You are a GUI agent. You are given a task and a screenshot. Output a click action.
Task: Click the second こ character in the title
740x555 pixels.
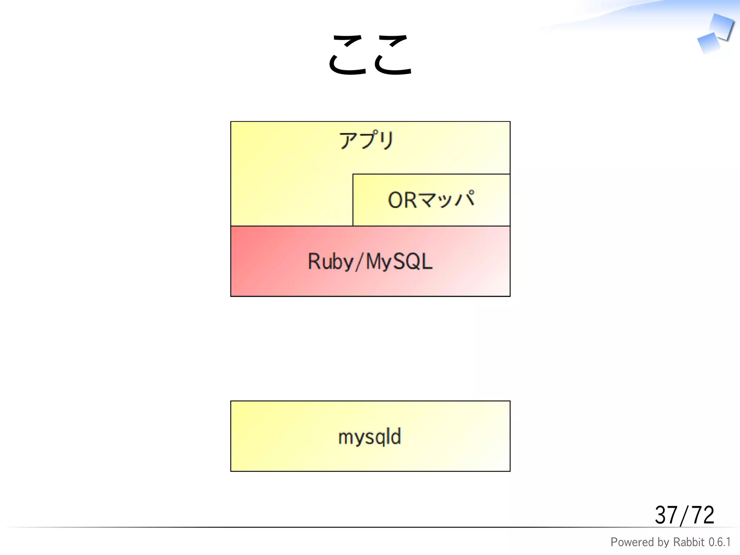coord(393,55)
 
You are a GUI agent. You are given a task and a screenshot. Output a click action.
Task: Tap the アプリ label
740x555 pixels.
coord(366,140)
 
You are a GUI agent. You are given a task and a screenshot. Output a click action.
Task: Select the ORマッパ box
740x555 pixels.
coord(431,200)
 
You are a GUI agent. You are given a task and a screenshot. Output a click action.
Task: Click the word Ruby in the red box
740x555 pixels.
coord(330,262)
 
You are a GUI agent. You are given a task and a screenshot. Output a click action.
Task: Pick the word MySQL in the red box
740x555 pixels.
coord(399,262)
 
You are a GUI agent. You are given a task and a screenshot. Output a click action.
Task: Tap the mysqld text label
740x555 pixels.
coord(370,436)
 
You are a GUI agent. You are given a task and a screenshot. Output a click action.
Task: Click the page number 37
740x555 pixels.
coord(666,515)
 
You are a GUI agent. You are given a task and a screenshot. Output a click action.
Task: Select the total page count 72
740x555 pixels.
coord(702,515)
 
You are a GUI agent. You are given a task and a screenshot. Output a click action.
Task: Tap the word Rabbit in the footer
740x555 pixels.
coord(689,542)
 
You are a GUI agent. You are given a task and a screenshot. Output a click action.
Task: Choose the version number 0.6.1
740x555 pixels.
coord(719,542)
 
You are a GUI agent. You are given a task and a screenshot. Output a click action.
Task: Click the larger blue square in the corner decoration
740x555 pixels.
coord(721,26)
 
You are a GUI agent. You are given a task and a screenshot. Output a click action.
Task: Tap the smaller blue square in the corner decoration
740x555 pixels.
coord(709,43)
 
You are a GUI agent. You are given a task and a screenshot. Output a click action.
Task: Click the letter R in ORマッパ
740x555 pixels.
coord(410,200)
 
